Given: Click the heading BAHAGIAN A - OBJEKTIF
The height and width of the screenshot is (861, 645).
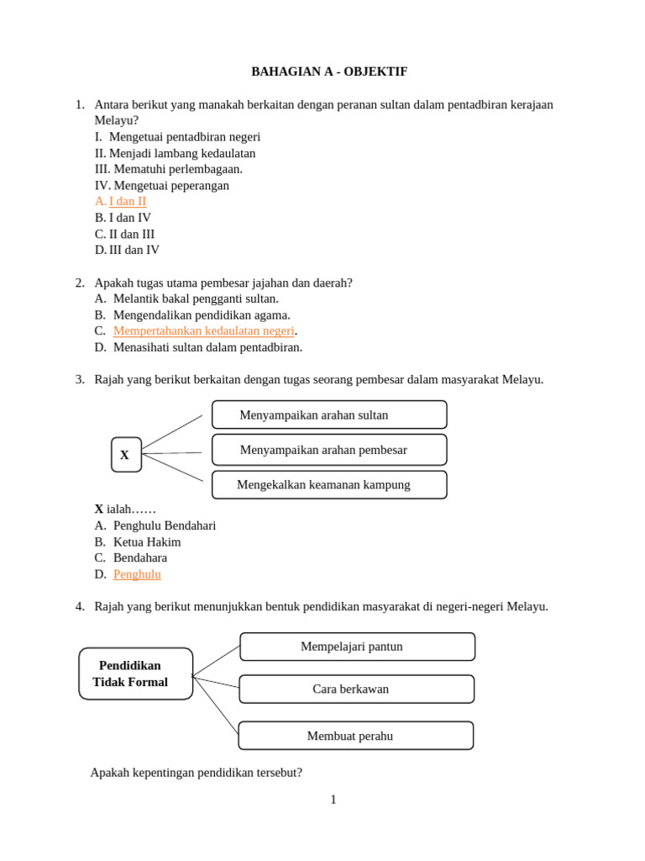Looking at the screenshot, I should (329, 72).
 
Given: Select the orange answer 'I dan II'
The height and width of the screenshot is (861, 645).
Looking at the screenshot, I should (128, 202).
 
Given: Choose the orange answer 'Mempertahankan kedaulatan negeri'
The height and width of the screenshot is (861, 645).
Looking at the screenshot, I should (203, 330).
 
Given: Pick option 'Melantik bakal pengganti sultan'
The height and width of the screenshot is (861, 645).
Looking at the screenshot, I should (196, 298).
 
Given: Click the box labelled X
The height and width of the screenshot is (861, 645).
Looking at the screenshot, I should (126, 455).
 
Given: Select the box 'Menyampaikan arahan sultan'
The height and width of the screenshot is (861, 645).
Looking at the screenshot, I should (328, 415).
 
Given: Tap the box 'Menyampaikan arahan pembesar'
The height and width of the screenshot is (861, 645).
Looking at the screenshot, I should (328, 450).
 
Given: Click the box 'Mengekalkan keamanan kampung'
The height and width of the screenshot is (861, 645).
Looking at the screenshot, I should (328, 485).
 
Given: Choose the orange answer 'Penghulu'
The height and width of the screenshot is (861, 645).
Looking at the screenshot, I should (137, 574).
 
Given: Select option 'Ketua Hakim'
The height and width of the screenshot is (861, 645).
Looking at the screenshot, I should (147, 542).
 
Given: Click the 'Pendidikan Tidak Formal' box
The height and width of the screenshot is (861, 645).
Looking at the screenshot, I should (135, 673).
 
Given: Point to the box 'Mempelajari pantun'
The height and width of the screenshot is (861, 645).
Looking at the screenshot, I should (357, 647).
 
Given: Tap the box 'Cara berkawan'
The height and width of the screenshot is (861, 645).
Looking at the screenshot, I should (356, 689).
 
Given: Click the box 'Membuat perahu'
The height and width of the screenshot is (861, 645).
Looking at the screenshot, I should (355, 736).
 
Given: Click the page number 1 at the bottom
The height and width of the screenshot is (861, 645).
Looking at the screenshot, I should (333, 800).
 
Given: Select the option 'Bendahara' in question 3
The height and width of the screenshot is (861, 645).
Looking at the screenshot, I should (140, 557).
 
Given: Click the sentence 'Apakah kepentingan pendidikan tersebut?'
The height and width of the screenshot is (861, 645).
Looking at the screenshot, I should (197, 773).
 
